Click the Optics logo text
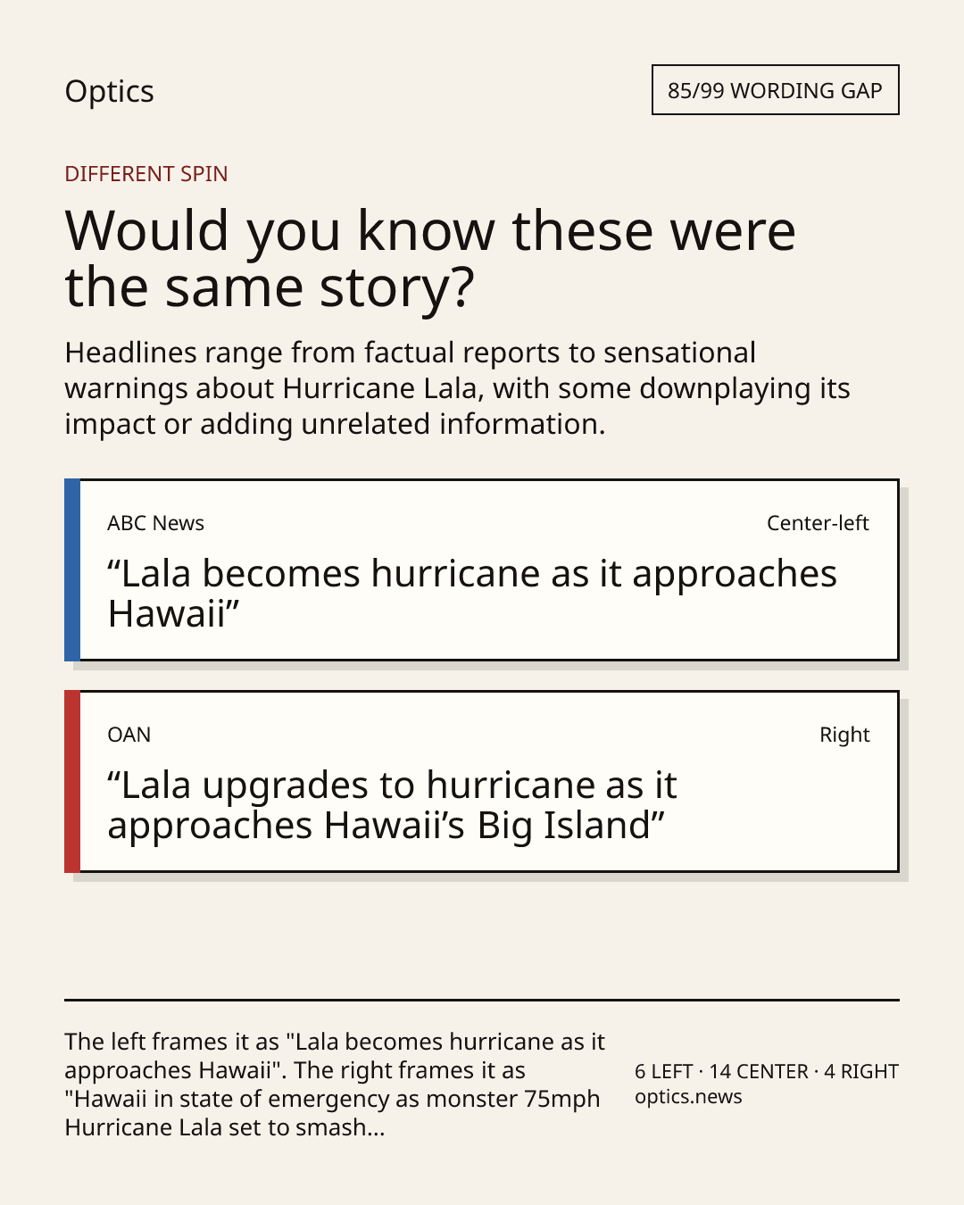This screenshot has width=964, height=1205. (109, 91)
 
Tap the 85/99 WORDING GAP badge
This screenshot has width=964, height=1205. (776, 89)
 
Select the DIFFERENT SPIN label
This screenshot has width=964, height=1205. (146, 173)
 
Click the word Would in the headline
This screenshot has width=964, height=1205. (146, 230)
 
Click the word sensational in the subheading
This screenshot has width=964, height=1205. (680, 353)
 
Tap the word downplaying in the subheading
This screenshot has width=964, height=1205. (725, 389)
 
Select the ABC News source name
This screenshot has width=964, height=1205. (155, 523)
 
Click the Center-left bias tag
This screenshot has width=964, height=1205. (818, 523)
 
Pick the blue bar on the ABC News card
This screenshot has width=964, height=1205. (72, 569)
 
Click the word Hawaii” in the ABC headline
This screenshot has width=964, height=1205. (174, 614)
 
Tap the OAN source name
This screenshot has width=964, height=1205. (129, 735)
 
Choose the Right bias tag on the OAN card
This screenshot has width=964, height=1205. (844, 735)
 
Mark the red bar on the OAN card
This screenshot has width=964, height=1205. (72, 781)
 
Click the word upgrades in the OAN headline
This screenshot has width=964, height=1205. (285, 786)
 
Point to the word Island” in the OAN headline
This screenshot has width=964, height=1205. (603, 826)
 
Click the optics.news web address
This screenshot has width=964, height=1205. (688, 1096)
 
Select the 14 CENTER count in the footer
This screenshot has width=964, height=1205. (759, 1071)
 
